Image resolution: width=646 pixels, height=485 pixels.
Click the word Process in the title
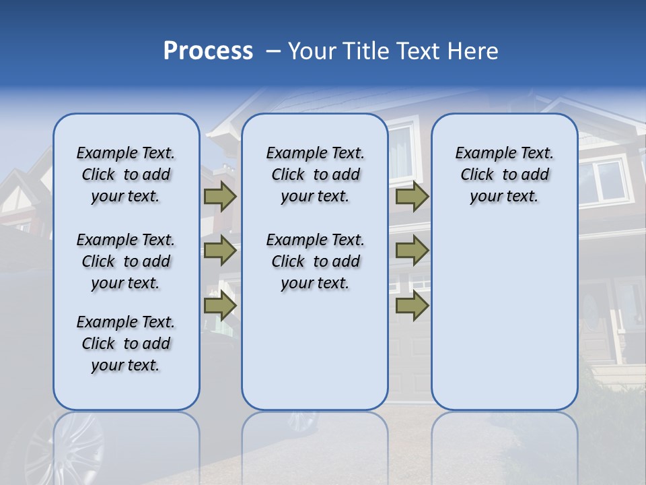208,51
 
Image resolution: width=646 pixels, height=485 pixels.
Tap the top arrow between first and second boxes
220,196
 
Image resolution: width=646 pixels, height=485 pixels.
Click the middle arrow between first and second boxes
220,251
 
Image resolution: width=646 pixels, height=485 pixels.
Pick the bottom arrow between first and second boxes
220,306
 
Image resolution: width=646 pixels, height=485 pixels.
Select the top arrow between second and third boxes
412,196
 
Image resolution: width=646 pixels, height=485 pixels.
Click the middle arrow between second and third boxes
412,251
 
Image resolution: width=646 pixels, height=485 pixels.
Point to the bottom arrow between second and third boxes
412,306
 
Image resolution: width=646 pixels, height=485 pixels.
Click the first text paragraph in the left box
126,174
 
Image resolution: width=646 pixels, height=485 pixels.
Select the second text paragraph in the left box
126,261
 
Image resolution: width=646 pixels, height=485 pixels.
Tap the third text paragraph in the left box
126,344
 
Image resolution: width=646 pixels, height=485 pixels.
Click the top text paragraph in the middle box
315,174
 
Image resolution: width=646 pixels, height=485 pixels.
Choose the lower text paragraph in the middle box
315,261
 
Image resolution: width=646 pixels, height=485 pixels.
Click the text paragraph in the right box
504,174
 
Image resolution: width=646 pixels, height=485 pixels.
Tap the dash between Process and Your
273,51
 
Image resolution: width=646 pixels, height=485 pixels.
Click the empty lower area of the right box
504,323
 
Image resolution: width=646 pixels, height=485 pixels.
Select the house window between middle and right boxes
402,152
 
